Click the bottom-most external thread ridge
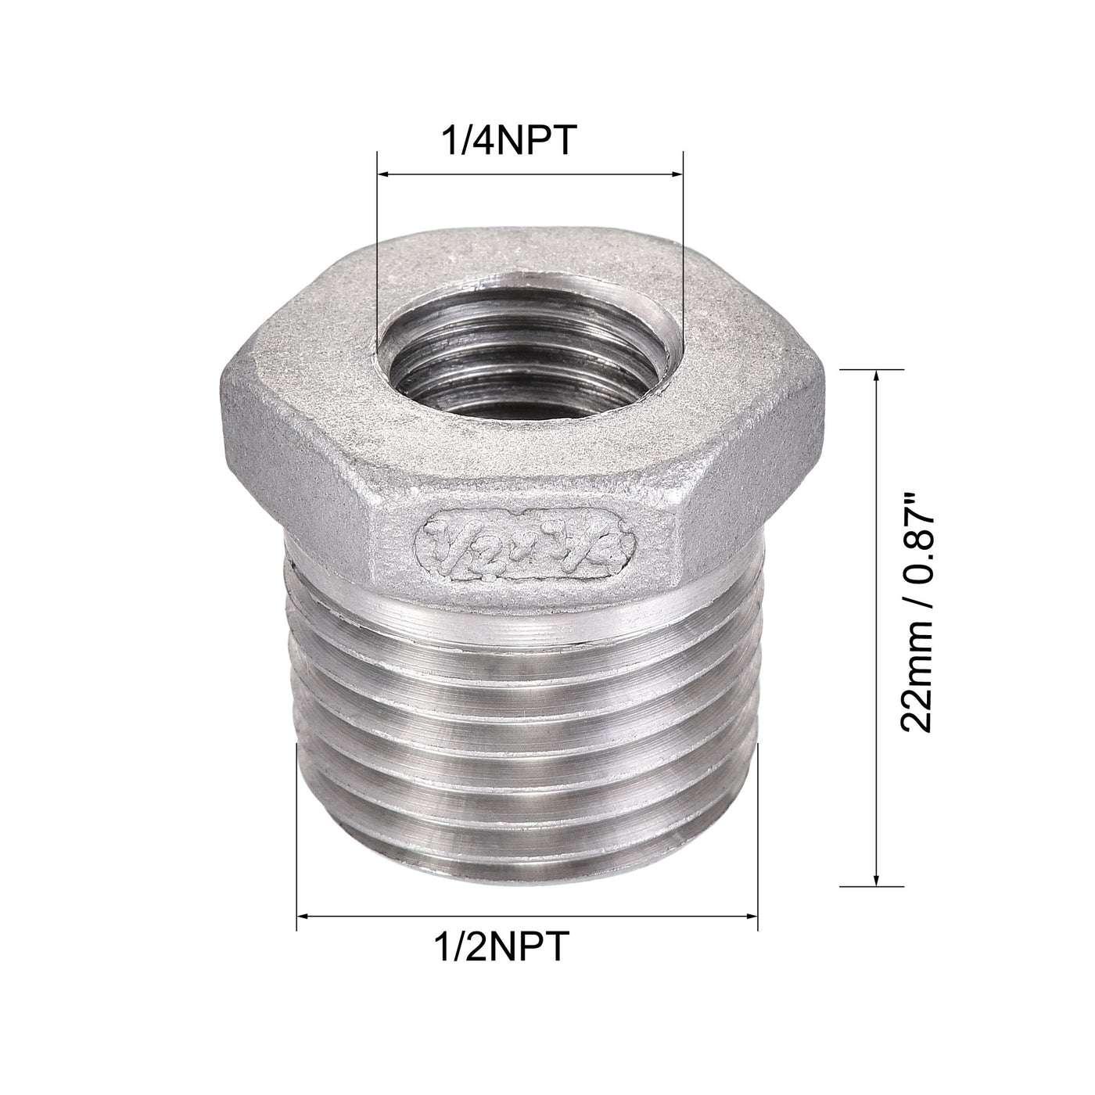pos(528,864)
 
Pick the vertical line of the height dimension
pos(876,626)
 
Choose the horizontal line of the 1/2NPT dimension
pos(528,914)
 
